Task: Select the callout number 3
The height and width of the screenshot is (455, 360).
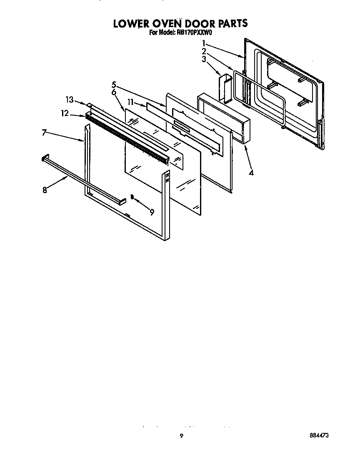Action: tap(204, 59)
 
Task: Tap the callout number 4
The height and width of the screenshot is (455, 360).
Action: tap(251, 172)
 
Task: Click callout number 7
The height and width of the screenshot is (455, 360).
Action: tap(44, 133)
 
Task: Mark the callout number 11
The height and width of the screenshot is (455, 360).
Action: tap(130, 102)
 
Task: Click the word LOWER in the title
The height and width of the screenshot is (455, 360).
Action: tap(134, 23)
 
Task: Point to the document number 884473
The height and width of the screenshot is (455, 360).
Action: tap(319, 435)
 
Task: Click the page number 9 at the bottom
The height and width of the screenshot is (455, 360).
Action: tap(181, 436)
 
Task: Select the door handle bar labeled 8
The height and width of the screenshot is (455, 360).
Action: tap(83, 179)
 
